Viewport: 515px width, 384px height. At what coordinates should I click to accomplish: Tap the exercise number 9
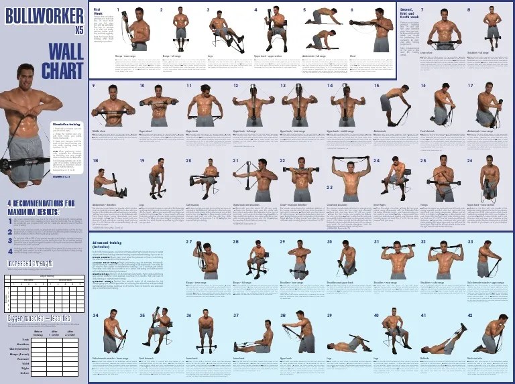[95, 86]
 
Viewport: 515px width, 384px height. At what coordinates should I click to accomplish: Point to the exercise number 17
[470, 86]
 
